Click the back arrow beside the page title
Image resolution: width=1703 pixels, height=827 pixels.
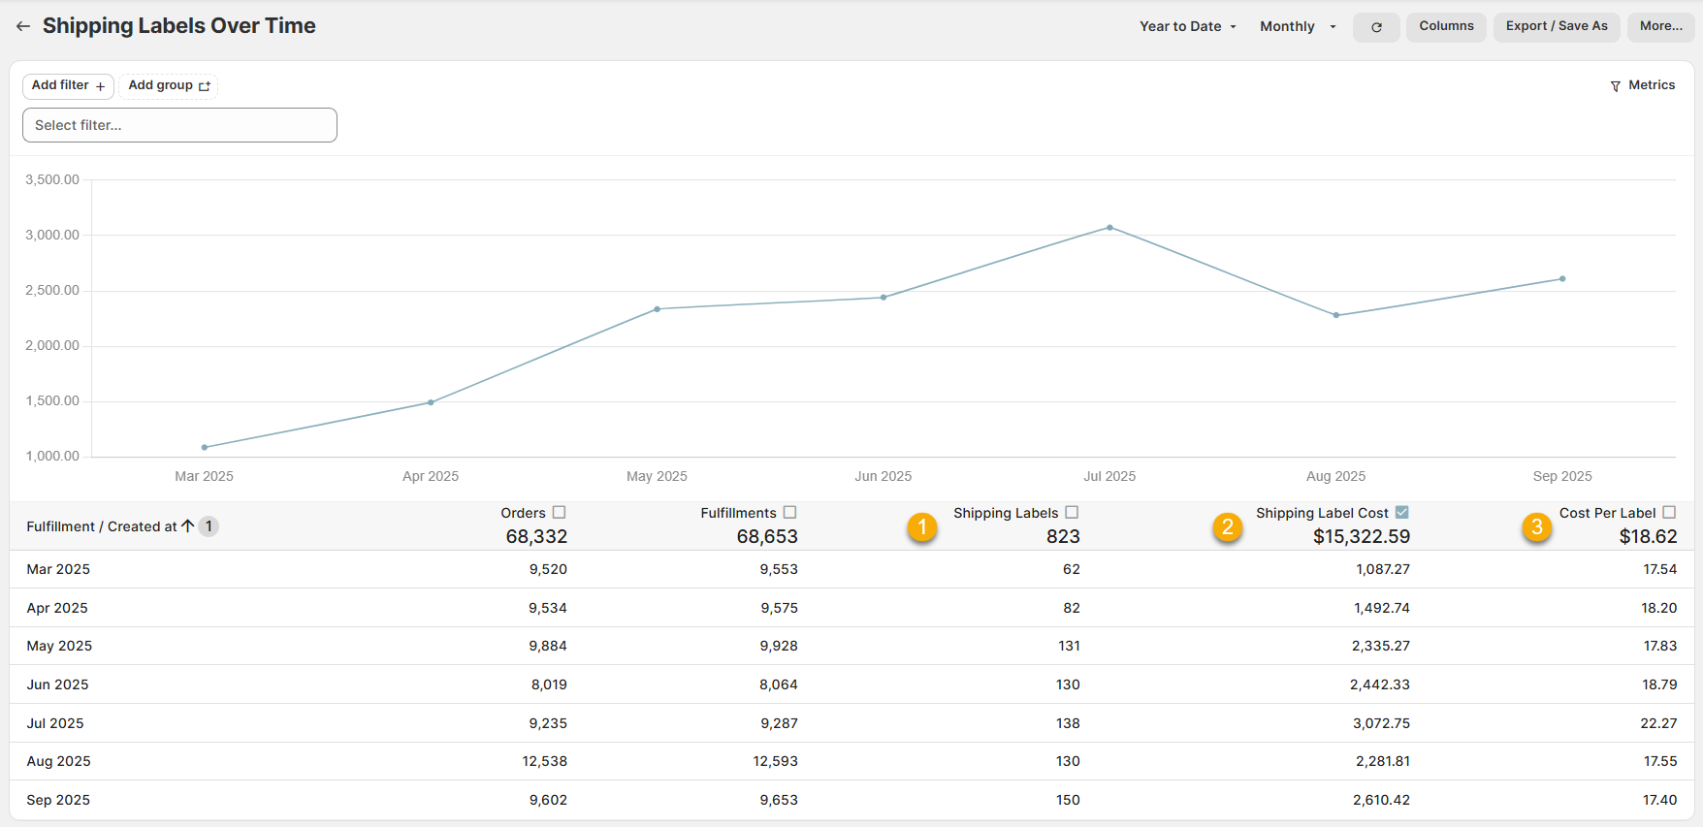pos(23,26)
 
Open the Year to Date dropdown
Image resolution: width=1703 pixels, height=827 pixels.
pos(1188,26)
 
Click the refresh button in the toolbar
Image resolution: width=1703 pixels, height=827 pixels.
pos(1376,27)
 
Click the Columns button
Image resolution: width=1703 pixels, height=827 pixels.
pos(1446,26)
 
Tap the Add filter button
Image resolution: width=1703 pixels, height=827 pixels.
pos(68,85)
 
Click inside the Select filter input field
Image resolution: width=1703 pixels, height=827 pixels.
pos(179,125)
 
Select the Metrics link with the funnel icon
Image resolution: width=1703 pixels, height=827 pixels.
pos(1642,85)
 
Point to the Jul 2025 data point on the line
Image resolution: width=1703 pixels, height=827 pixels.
pos(1109,228)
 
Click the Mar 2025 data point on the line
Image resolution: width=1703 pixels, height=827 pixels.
pos(205,447)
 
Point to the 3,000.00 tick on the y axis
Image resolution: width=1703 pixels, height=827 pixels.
pos(52,235)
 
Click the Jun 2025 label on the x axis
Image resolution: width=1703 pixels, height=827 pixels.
pos(883,476)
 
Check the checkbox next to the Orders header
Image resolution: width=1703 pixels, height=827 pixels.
pos(559,512)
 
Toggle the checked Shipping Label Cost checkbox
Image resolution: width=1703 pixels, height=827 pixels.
pos(1401,512)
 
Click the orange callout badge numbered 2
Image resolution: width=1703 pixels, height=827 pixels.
pos(1228,527)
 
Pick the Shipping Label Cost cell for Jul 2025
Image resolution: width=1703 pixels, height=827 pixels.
pos(1381,723)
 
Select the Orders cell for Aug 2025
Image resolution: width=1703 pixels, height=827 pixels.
pos(545,761)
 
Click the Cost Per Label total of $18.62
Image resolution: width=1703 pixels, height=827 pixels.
pos(1648,536)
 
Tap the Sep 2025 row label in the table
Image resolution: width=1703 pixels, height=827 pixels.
pos(58,800)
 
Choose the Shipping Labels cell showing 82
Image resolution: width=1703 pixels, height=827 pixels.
pos(1072,608)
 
